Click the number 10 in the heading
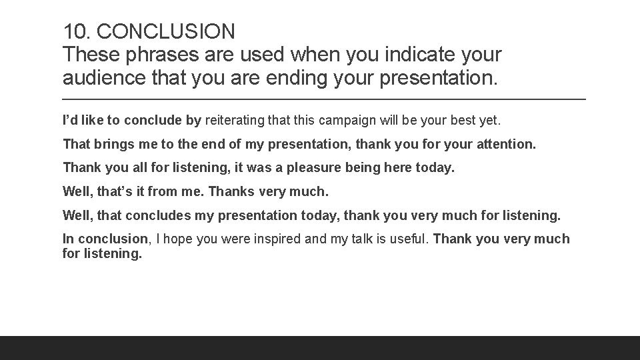click(74, 31)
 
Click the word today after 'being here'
click(435, 167)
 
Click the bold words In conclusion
click(105, 239)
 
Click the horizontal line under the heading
click(324, 99)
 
